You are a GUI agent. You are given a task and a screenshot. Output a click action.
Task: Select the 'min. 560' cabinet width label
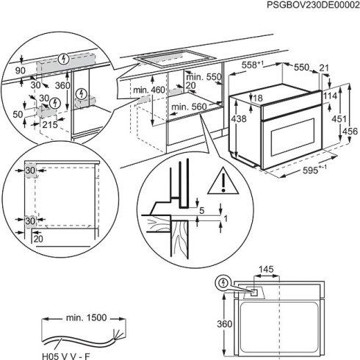[187, 107]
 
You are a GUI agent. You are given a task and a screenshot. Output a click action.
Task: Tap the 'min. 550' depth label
[204, 77]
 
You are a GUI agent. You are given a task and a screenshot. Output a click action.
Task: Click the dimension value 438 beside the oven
[238, 118]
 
